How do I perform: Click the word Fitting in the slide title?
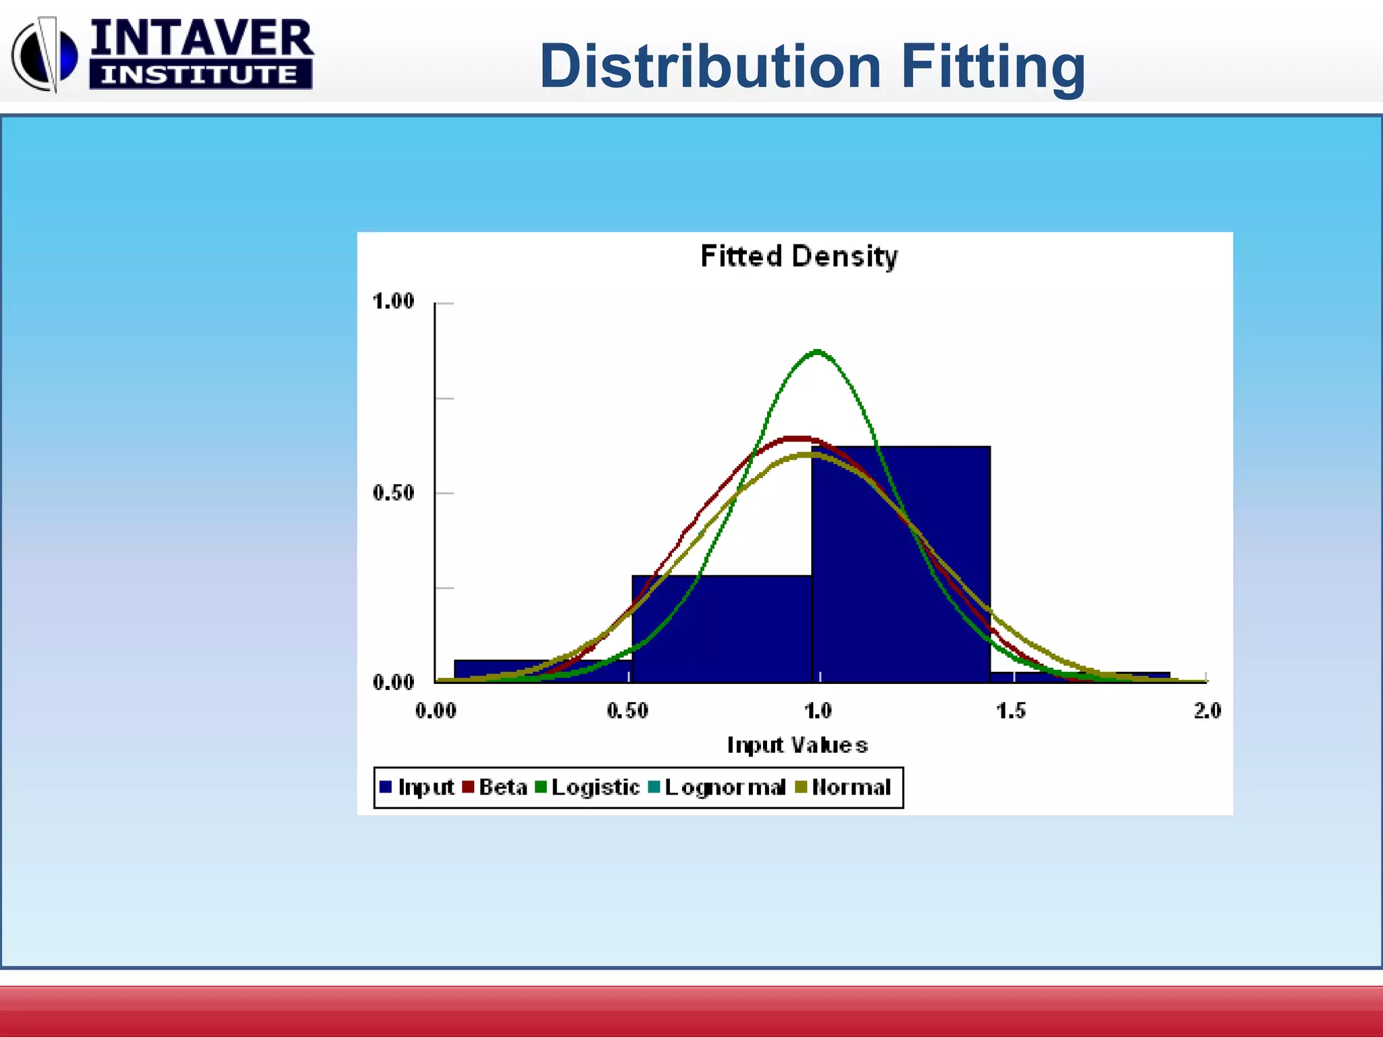[x=993, y=66]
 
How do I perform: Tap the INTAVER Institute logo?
[x=162, y=54]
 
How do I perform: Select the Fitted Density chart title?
[x=799, y=257]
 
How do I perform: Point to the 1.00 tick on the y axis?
[x=393, y=301]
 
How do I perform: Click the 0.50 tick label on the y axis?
[x=393, y=493]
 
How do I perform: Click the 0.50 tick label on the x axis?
[x=627, y=710]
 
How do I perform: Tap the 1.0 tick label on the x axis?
[x=818, y=710]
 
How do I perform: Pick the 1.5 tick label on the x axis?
[x=1010, y=710]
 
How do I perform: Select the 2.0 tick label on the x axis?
[x=1207, y=710]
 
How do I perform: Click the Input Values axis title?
[x=797, y=745]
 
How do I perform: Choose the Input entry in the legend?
[x=417, y=787]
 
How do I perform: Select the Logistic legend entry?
[x=588, y=787]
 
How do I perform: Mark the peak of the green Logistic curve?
[x=818, y=351]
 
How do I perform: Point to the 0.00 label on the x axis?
[x=436, y=710]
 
